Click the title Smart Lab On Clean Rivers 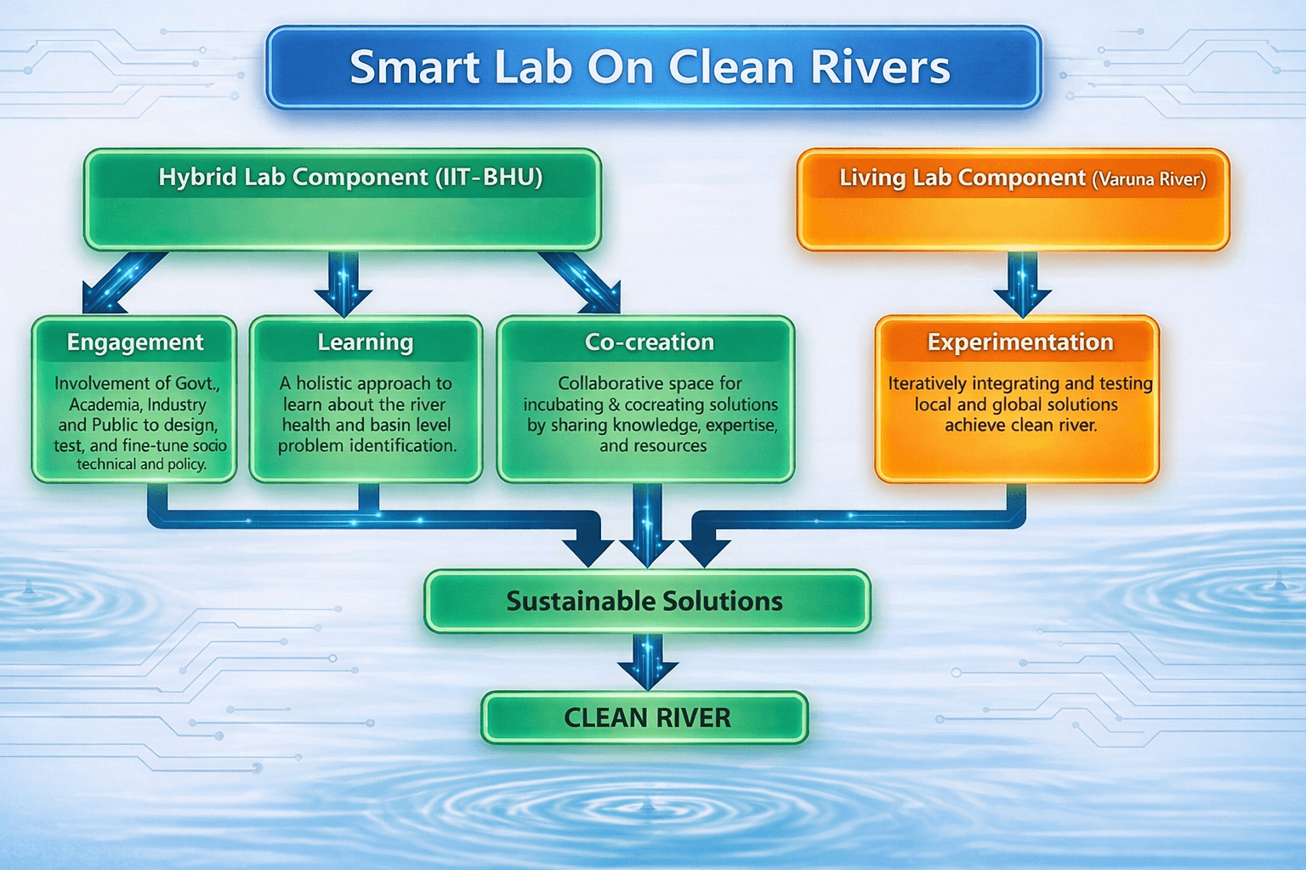click(x=650, y=68)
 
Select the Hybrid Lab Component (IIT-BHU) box click(x=342, y=201)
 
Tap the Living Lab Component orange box click(x=1012, y=201)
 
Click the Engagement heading click(x=135, y=342)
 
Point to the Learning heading click(x=366, y=342)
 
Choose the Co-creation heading click(x=650, y=342)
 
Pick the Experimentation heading click(x=1020, y=342)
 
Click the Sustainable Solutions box click(x=646, y=602)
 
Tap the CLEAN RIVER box click(x=646, y=718)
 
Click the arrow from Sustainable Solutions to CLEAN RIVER click(x=648, y=661)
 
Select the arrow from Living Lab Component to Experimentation click(x=1022, y=285)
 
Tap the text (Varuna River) click(x=1149, y=180)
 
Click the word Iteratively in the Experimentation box click(x=928, y=384)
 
